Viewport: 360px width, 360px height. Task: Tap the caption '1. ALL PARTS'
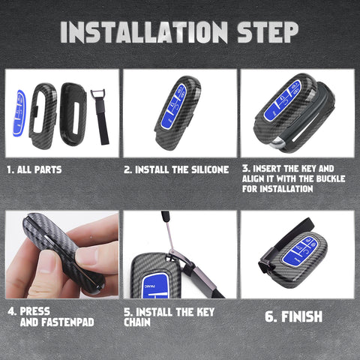click(34, 169)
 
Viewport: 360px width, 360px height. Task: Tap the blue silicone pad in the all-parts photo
click(18, 113)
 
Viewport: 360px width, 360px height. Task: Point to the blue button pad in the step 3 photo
click(285, 101)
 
